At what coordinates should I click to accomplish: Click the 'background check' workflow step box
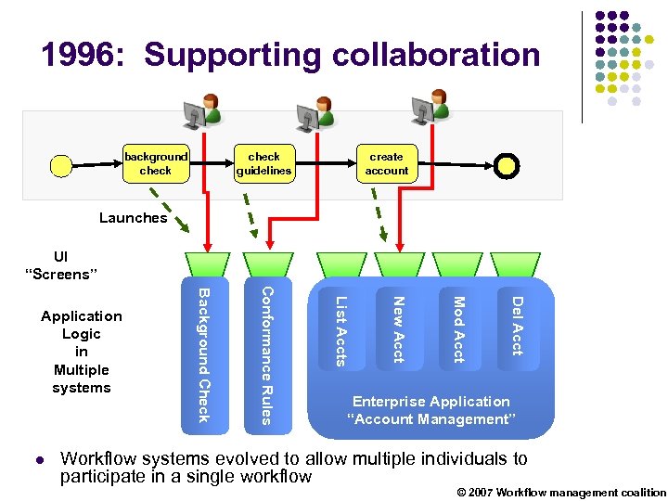(156, 163)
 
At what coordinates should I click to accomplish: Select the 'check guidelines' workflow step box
(263, 163)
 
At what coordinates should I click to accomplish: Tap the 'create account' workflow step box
(386, 163)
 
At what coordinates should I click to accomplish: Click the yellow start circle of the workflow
(60, 165)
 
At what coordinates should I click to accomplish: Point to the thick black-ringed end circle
(507, 165)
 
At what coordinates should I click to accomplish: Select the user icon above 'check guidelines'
(315, 113)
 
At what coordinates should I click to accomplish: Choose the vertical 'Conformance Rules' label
(265, 355)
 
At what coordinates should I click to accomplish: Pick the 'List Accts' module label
(340, 330)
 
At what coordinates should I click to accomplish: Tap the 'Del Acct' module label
(517, 325)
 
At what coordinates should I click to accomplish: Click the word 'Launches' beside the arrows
(133, 218)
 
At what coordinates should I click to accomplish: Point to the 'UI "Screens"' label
(61, 265)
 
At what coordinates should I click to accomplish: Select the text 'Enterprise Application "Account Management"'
(430, 410)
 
